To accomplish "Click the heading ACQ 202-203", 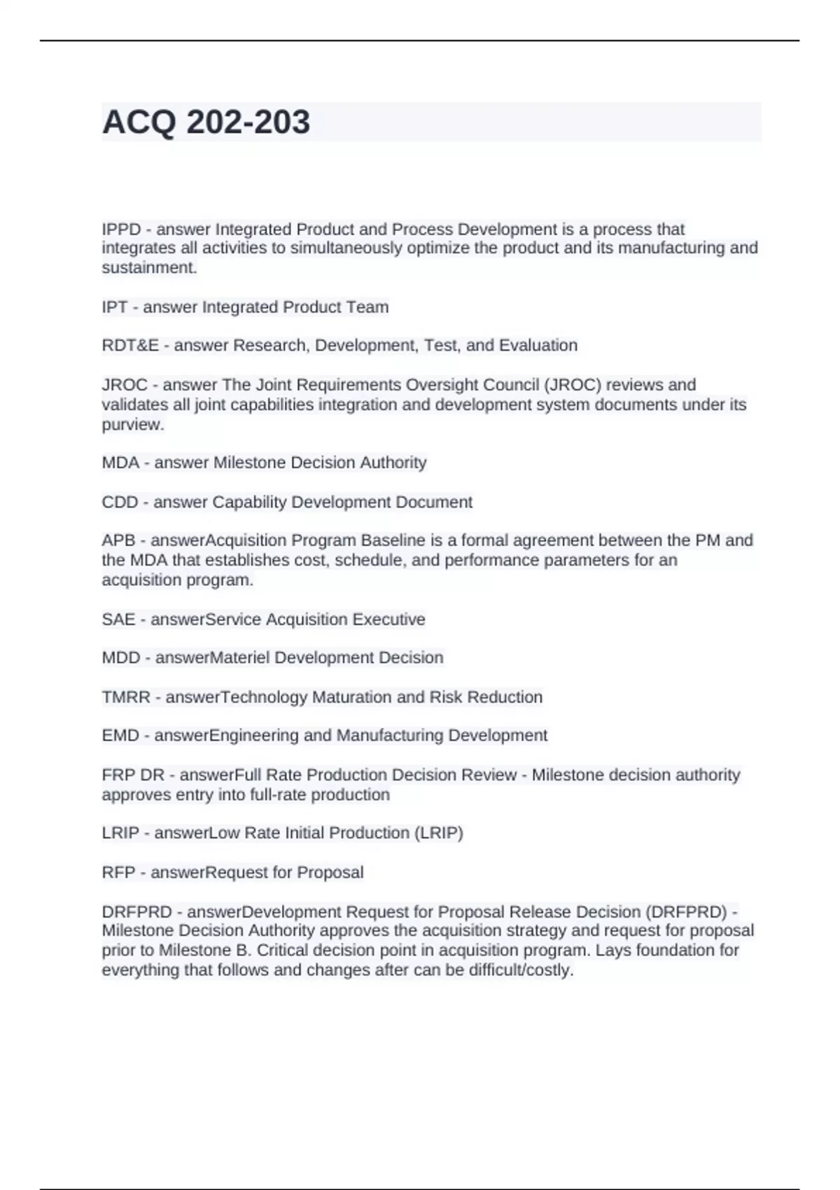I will point(206,122).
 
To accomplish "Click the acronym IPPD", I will point(121,230).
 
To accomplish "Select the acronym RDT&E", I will point(130,346).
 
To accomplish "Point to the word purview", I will point(132,425).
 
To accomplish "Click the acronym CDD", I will point(120,503).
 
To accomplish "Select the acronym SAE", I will point(118,619).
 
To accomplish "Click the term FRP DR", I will point(133,776).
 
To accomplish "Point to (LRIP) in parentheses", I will point(438,833).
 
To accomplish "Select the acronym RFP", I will point(118,873).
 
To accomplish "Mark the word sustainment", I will point(149,268).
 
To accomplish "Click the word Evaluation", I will point(538,346).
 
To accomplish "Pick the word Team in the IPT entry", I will point(367,307).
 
